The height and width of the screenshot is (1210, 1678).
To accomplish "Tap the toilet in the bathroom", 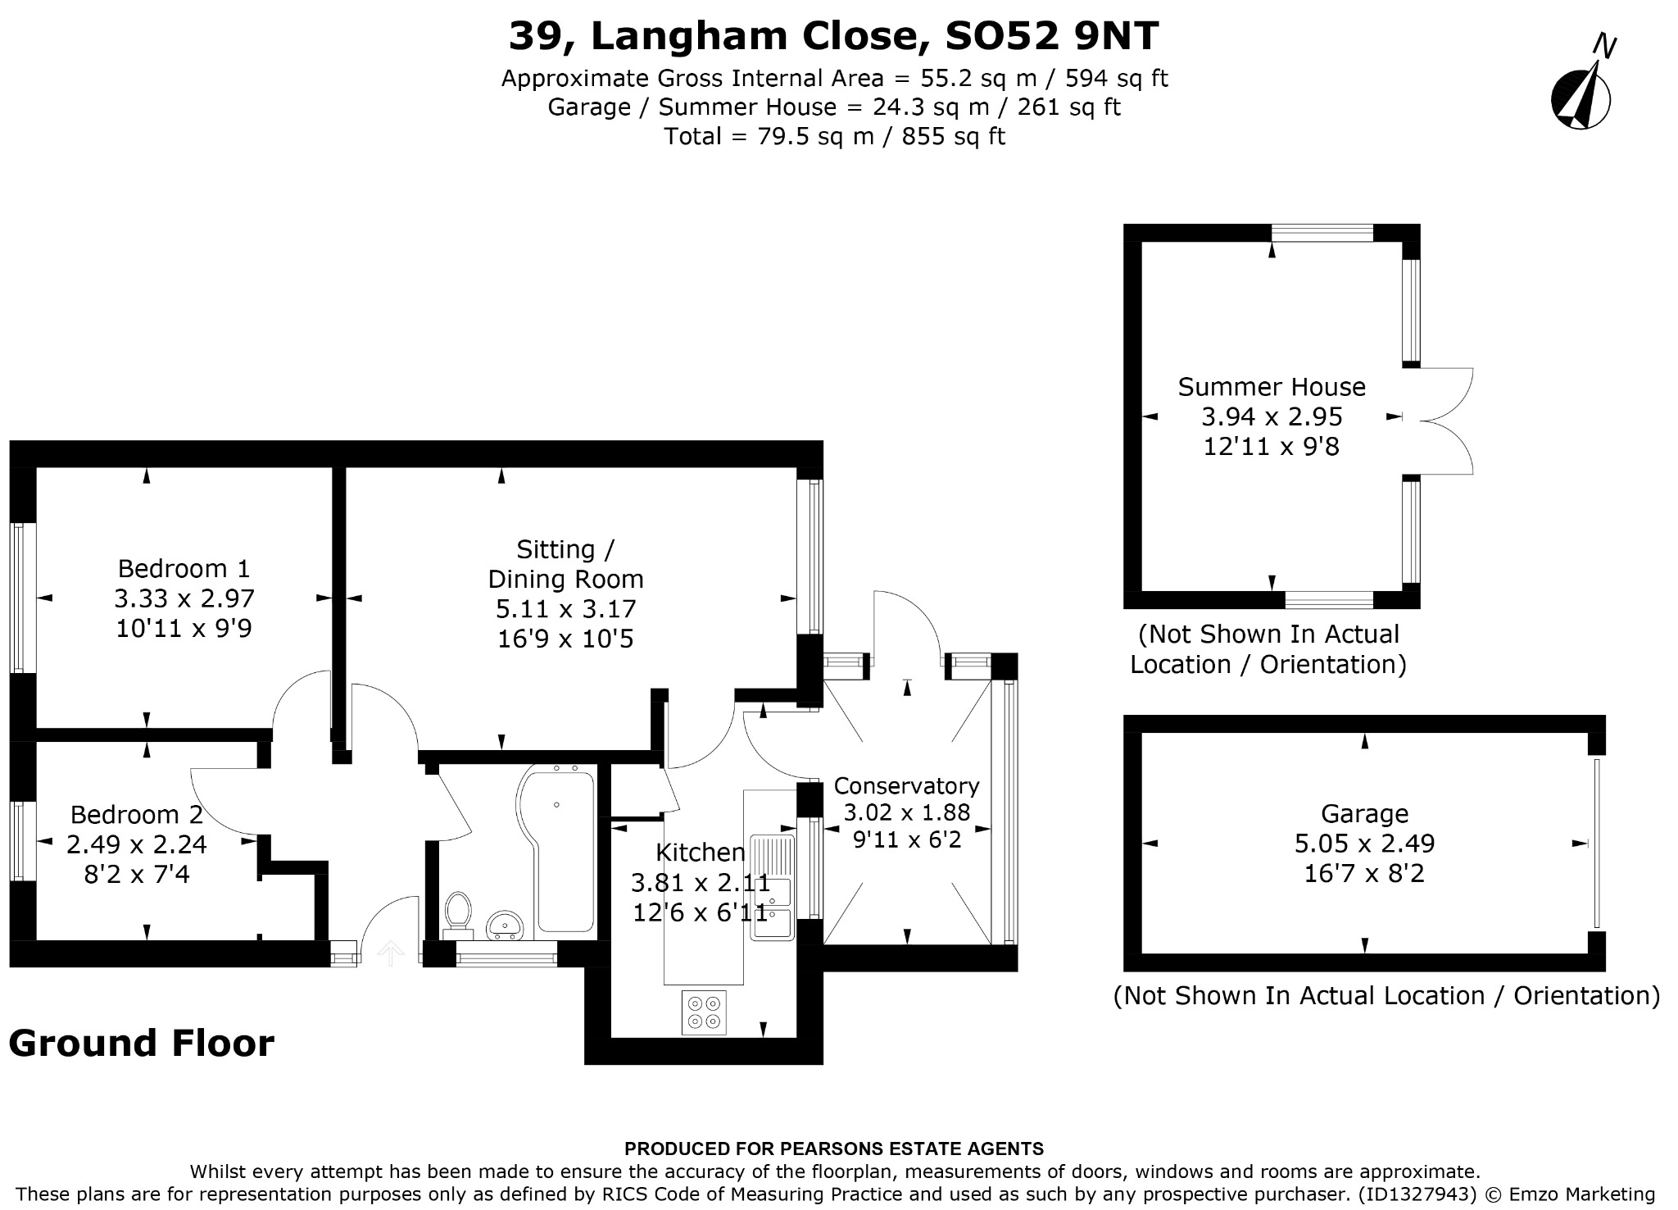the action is point(458,915).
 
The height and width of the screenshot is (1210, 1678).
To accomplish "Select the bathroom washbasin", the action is point(506,925).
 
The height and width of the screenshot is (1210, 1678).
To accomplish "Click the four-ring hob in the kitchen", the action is point(704,1012).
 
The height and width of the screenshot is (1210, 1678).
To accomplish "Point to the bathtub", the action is point(556,848).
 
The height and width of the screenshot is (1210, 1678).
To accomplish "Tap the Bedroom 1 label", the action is point(184,568).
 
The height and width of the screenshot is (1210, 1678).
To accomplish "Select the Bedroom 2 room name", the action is point(136,814).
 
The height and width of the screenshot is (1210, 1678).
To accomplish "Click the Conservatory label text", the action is point(906,785).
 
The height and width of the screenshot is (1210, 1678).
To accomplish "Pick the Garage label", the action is point(1364,813).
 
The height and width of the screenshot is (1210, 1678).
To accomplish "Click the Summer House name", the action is point(1272,386).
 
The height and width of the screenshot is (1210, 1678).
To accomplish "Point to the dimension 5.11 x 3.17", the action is point(565,608).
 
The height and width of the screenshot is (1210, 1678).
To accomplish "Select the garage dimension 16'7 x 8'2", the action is point(1364,873).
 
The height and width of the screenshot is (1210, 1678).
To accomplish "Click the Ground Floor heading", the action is point(141,1044).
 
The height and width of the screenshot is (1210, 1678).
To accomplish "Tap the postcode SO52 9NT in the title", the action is point(1052,35).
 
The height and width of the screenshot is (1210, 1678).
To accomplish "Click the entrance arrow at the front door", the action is point(390,953).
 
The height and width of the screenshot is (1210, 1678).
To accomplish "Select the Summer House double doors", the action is point(1438,421).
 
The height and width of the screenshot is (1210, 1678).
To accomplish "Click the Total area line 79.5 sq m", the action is point(834,136).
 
